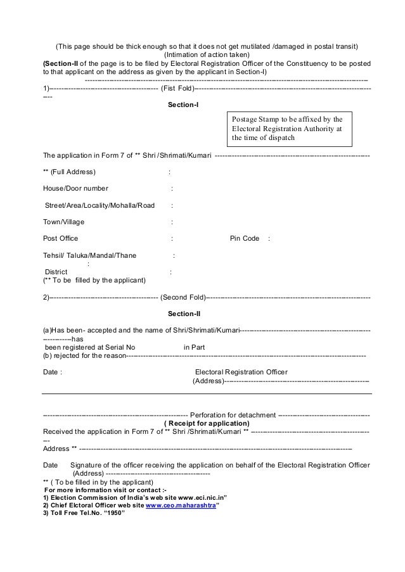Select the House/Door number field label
coord(75,188)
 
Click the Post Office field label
coord(60,238)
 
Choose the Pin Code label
coord(244,238)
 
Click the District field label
coord(55,272)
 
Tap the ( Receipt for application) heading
coord(207,423)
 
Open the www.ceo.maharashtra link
coord(181,506)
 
